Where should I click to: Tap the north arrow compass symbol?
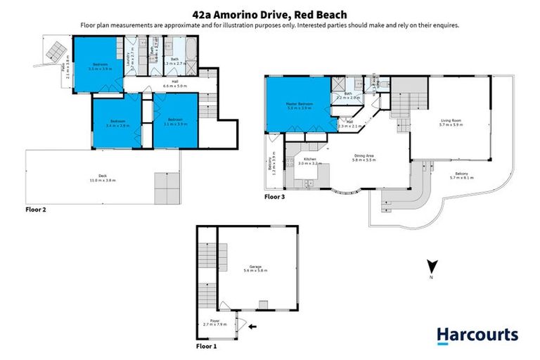pyautogui.click(x=433, y=267)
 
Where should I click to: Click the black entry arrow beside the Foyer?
pyautogui.click(x=252, y=326)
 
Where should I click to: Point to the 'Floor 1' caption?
pyautogui.click(x=207, y=347)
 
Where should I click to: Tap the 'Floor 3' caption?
pyautogui.click(x=276, y=198)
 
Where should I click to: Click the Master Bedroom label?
pyautogui.click(x=299, y=105)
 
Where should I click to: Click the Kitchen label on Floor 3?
pyautogui.click(x=311, y=160)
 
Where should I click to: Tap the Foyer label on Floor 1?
pyautogui.click(x=211, y=323)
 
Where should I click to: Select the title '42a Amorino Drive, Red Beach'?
pyautogui.click(x=270, y=14)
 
